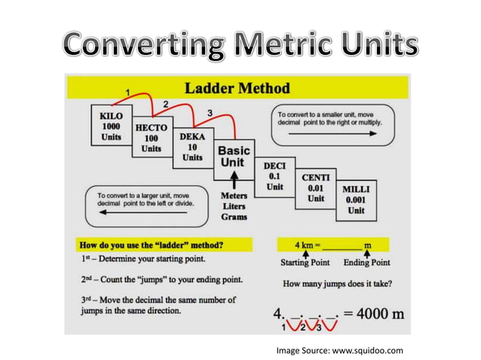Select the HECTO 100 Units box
coord(151,138)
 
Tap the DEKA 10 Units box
coord(192,148)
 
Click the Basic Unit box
coord(234,157)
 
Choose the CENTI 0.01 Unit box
coord(315,188)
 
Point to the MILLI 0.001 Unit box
coord(356,200)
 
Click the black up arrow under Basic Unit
coord(234,180)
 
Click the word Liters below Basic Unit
coord(234,206)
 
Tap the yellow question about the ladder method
coord(152,245)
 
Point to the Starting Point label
coord(305,263)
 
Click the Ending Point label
coord(367,263)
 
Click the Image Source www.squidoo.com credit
coord(339,349)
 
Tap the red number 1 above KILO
coord(128,92)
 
